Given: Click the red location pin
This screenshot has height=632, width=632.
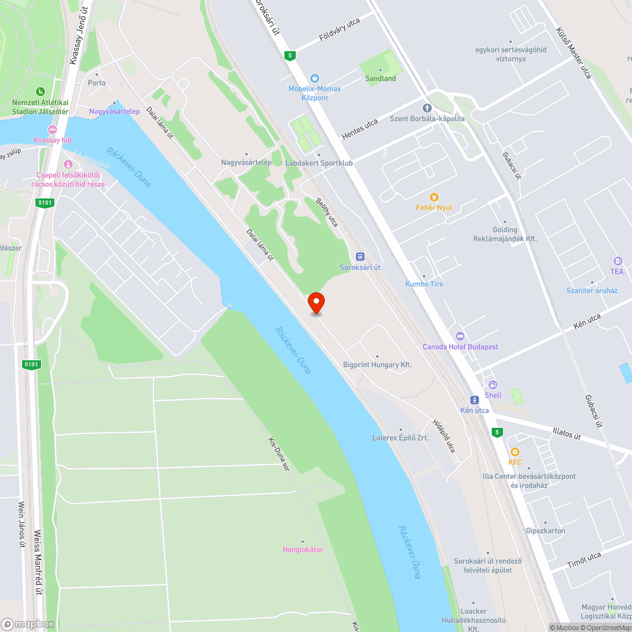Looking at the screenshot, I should point(315,303).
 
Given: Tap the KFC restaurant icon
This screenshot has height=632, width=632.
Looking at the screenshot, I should point(515,452).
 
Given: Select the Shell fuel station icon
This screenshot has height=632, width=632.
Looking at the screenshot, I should point(493,384).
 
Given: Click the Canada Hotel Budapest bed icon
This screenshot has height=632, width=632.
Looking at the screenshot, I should point(460,336).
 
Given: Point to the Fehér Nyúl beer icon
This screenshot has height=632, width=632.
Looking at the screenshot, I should point(434,197).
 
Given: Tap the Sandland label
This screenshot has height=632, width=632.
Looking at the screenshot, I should point(380,78).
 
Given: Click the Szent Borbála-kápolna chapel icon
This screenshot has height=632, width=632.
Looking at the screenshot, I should point(427,108).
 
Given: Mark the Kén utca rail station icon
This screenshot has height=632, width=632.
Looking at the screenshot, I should point(475,399).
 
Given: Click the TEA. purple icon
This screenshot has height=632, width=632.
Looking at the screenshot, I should point(617,261).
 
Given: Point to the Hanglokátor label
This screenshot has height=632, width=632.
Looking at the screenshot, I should point(302,549).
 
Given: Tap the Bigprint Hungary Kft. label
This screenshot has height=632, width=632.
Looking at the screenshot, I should point(377,365).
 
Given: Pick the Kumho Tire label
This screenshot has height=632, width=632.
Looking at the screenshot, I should point(424,284).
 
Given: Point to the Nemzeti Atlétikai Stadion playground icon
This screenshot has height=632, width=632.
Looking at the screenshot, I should point(40,92).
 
